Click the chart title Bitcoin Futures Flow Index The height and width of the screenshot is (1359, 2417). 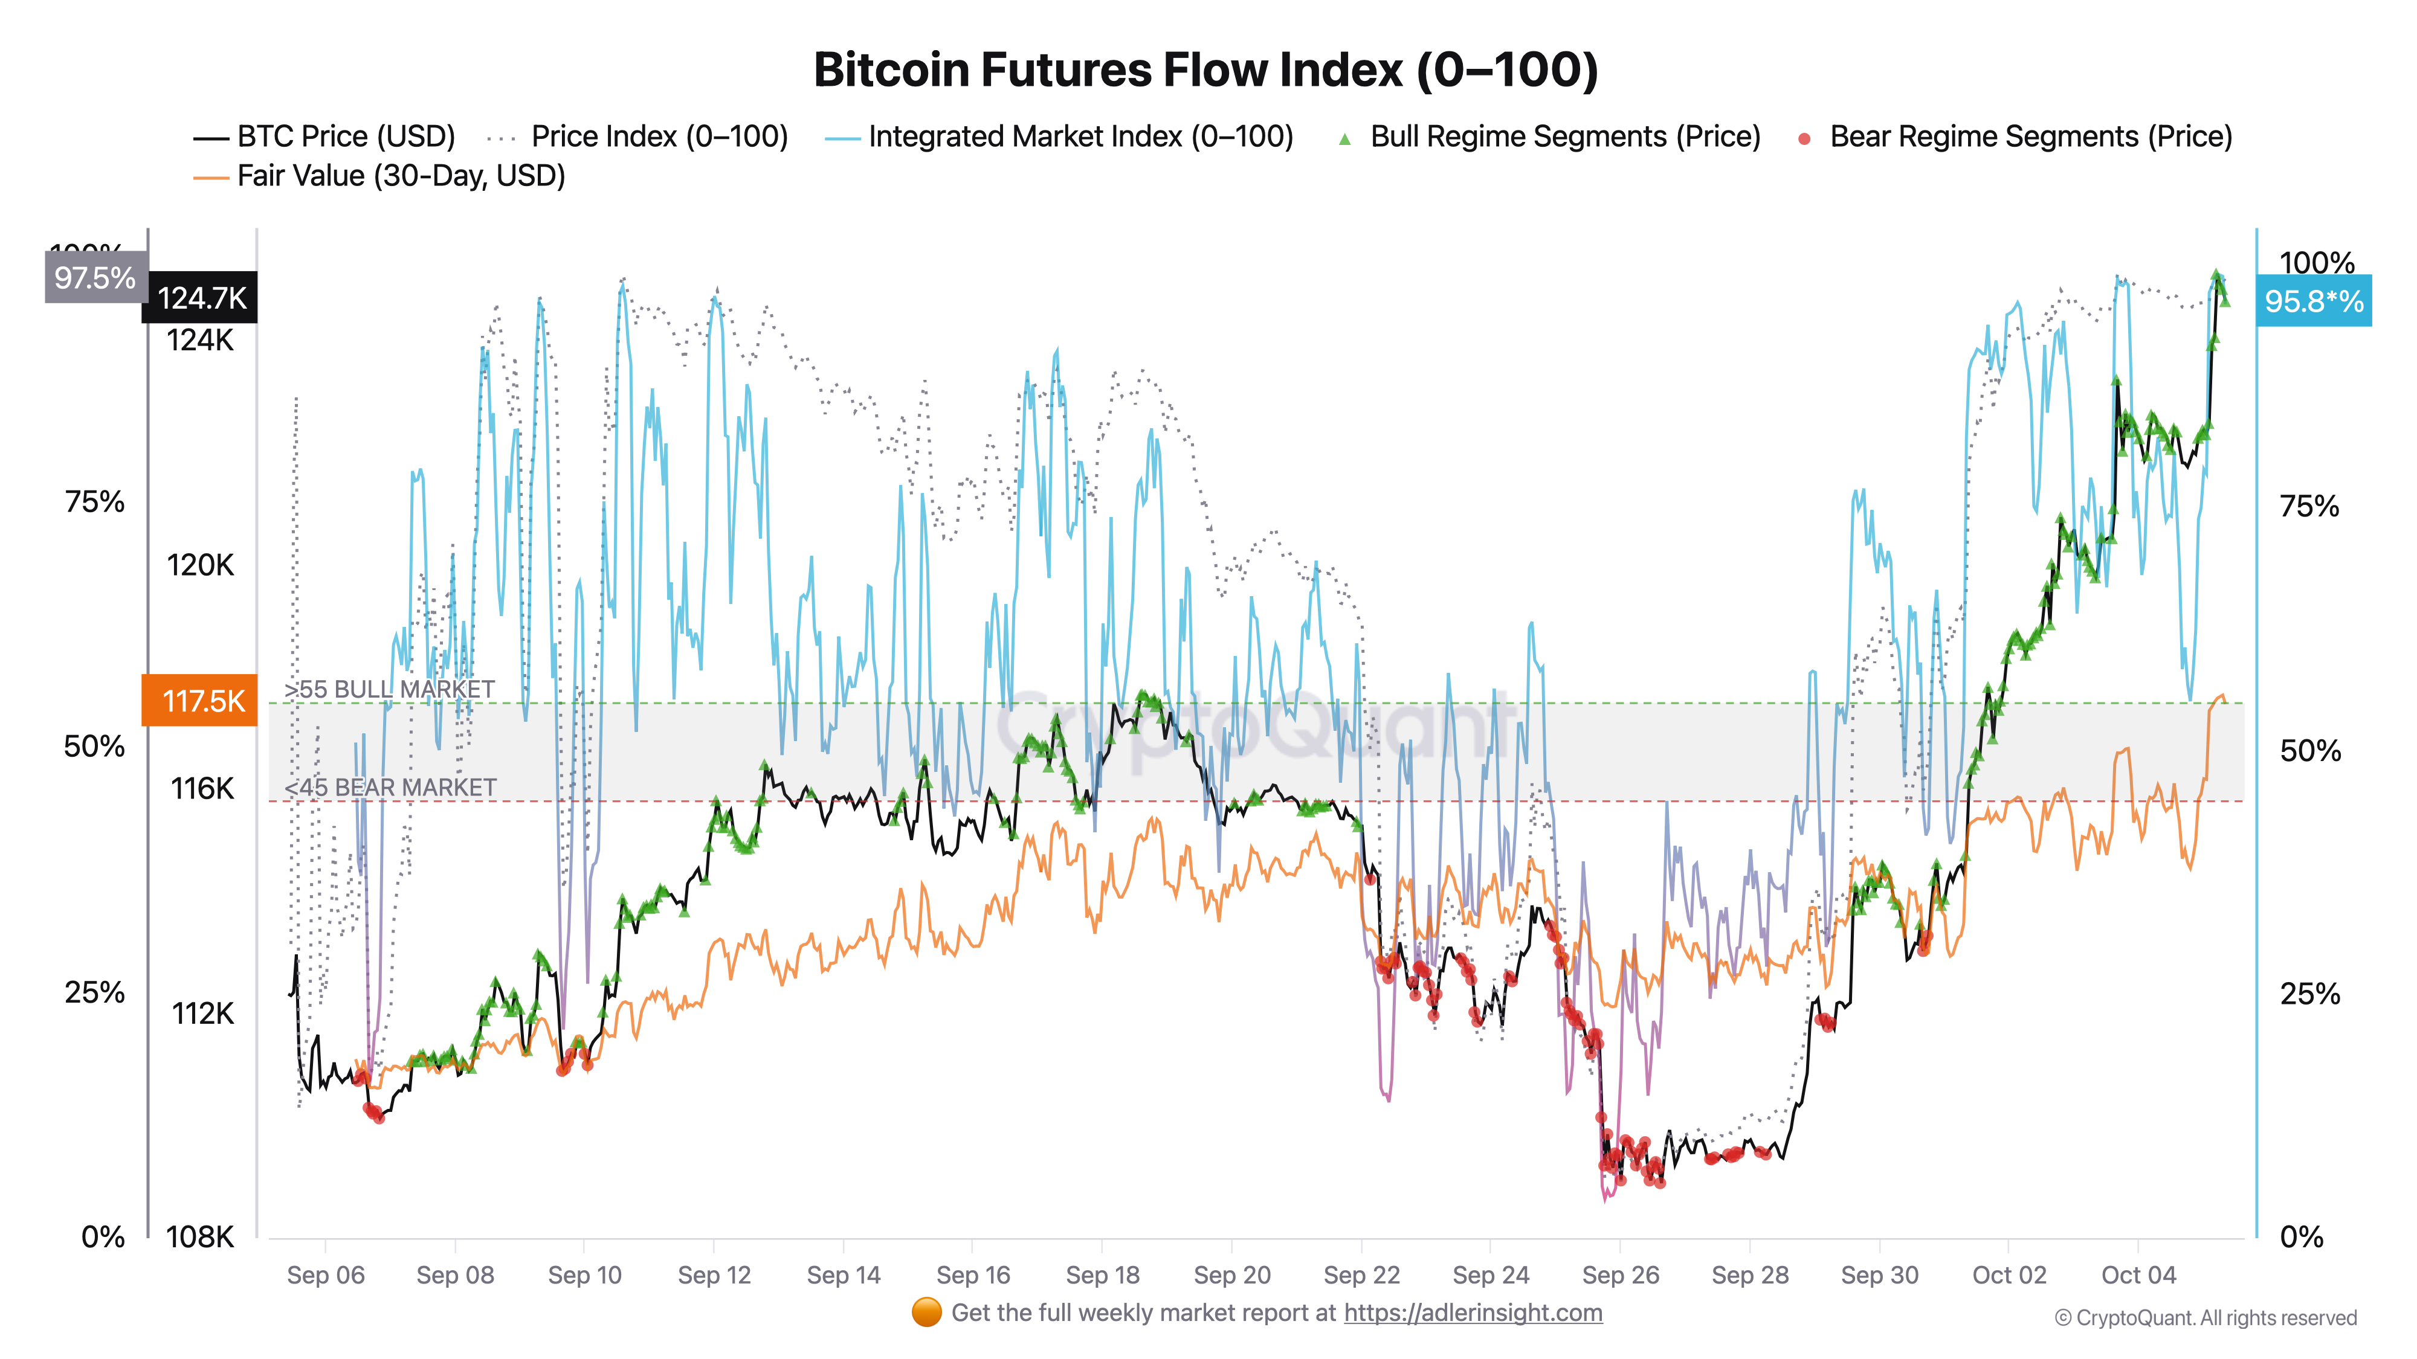click(1205, 70)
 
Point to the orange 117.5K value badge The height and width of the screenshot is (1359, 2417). click(200, 701)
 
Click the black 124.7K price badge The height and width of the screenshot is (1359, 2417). click(201, 298)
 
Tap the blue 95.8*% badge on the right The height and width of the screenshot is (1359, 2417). click(2313, 301)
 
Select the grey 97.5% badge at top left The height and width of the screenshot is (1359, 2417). click(95, 278)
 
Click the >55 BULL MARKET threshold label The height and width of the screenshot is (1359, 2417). click(389, 689)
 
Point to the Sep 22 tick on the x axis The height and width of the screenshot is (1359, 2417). click(1361, 1274)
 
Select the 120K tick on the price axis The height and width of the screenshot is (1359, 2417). click(200, 565)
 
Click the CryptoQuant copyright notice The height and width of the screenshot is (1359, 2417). click(2205, 1318)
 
